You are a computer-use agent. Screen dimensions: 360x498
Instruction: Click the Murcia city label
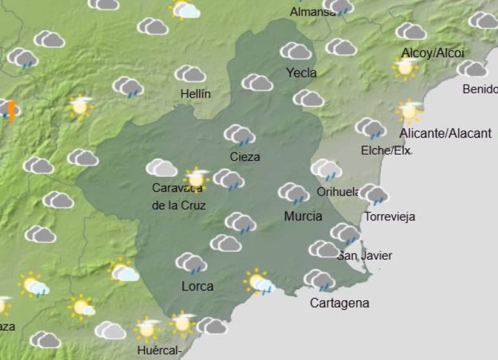(303, 217)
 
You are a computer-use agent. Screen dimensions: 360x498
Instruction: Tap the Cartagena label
(340, 303)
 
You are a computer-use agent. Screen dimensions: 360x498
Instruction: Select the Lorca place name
(197, 287)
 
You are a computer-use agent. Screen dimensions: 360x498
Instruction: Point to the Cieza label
(245, 157)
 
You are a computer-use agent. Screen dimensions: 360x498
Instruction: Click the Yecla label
(301, 73)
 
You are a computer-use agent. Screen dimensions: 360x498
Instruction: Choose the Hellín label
(195, 94)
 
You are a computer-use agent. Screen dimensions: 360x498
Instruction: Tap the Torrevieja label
(390, 217)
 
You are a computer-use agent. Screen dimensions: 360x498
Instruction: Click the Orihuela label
(339, 192)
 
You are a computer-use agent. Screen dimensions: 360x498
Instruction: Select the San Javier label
(365, 255)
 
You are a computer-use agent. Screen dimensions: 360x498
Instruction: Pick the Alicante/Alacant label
(446, 133)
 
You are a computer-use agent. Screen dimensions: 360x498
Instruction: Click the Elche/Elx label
(386, 150)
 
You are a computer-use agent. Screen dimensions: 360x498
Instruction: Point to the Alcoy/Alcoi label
(433, 53)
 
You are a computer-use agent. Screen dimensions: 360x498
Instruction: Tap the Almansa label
(312, 12)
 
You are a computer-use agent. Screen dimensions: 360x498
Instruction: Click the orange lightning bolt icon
(11, 111)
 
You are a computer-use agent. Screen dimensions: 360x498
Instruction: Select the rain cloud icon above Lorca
(191, 263)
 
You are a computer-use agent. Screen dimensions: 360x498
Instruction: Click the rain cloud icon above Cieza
(240, 135)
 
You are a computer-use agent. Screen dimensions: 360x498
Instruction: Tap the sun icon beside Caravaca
(197, 178)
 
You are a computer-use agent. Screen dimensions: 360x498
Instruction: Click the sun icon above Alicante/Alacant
(409, 111)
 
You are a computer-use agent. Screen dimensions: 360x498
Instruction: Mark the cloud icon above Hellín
(190, 74)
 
